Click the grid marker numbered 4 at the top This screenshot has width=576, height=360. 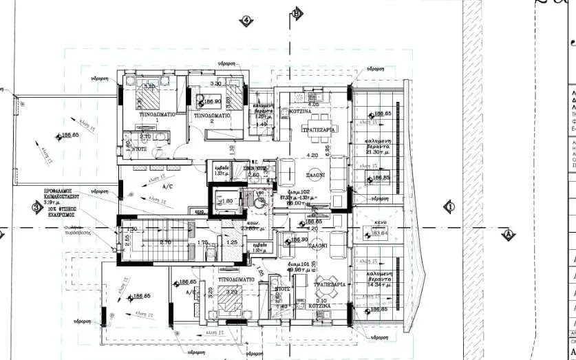coord(245,20)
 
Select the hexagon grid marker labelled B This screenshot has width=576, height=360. coord(296,12)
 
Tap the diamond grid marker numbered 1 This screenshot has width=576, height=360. coord(449,206)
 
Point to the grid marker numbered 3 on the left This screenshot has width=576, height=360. coord(36,206)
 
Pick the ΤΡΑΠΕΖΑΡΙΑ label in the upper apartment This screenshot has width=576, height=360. coord(318,129)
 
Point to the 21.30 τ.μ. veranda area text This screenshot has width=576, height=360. coord(377,151)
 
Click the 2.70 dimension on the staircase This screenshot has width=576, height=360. coord(165,243)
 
